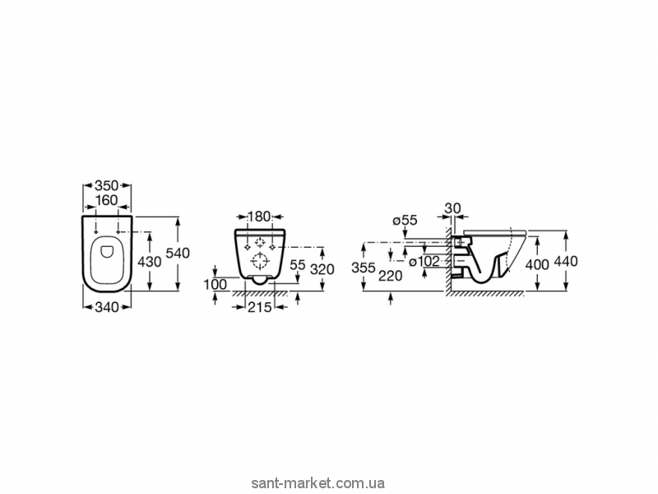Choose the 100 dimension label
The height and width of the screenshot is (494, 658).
216,284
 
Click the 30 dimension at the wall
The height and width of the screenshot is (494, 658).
452,207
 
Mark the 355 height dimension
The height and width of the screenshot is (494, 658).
363,268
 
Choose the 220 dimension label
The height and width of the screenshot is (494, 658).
390,276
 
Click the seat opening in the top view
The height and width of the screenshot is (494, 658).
109,259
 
